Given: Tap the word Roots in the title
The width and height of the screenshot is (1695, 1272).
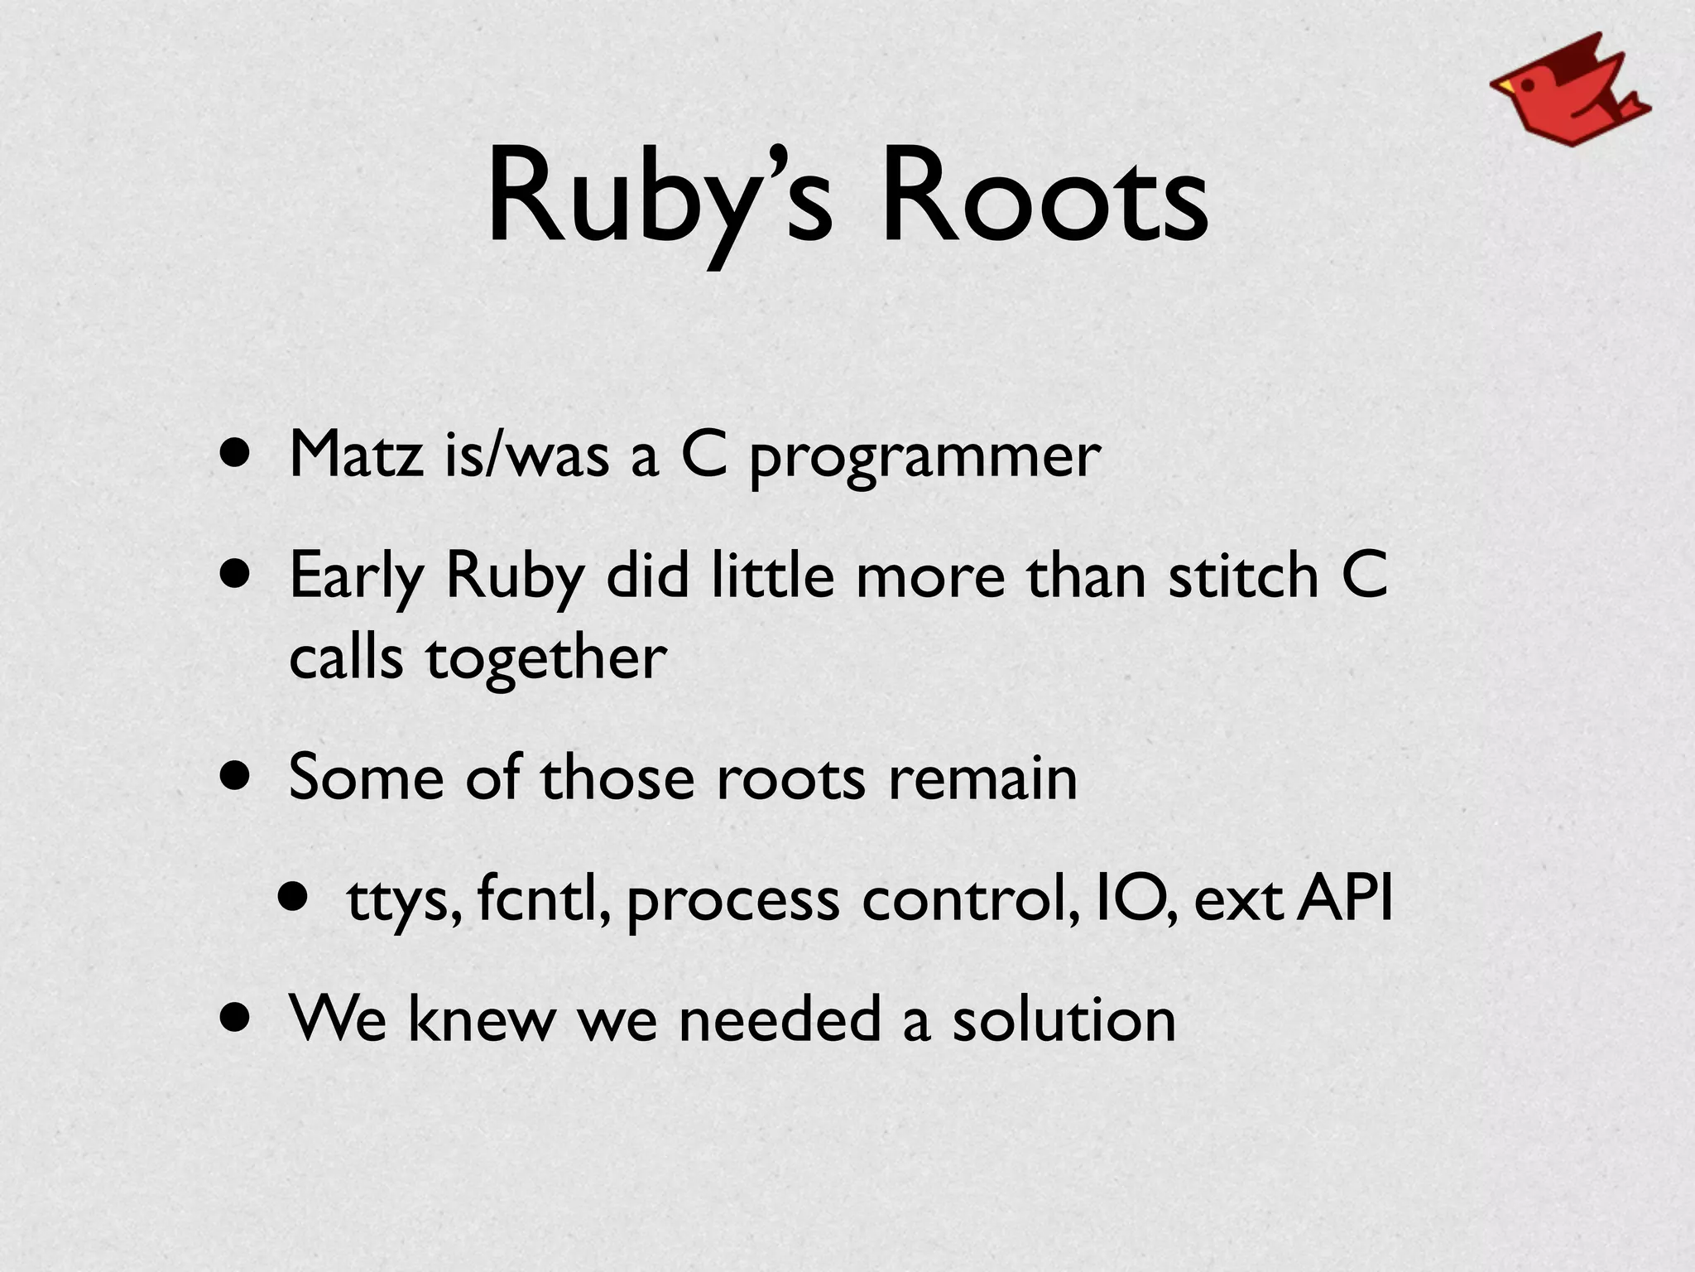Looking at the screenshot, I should (1044, 199).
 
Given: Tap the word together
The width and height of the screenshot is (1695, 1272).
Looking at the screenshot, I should (546, 659).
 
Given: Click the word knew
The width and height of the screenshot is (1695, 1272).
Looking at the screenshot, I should (481, 1019).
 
